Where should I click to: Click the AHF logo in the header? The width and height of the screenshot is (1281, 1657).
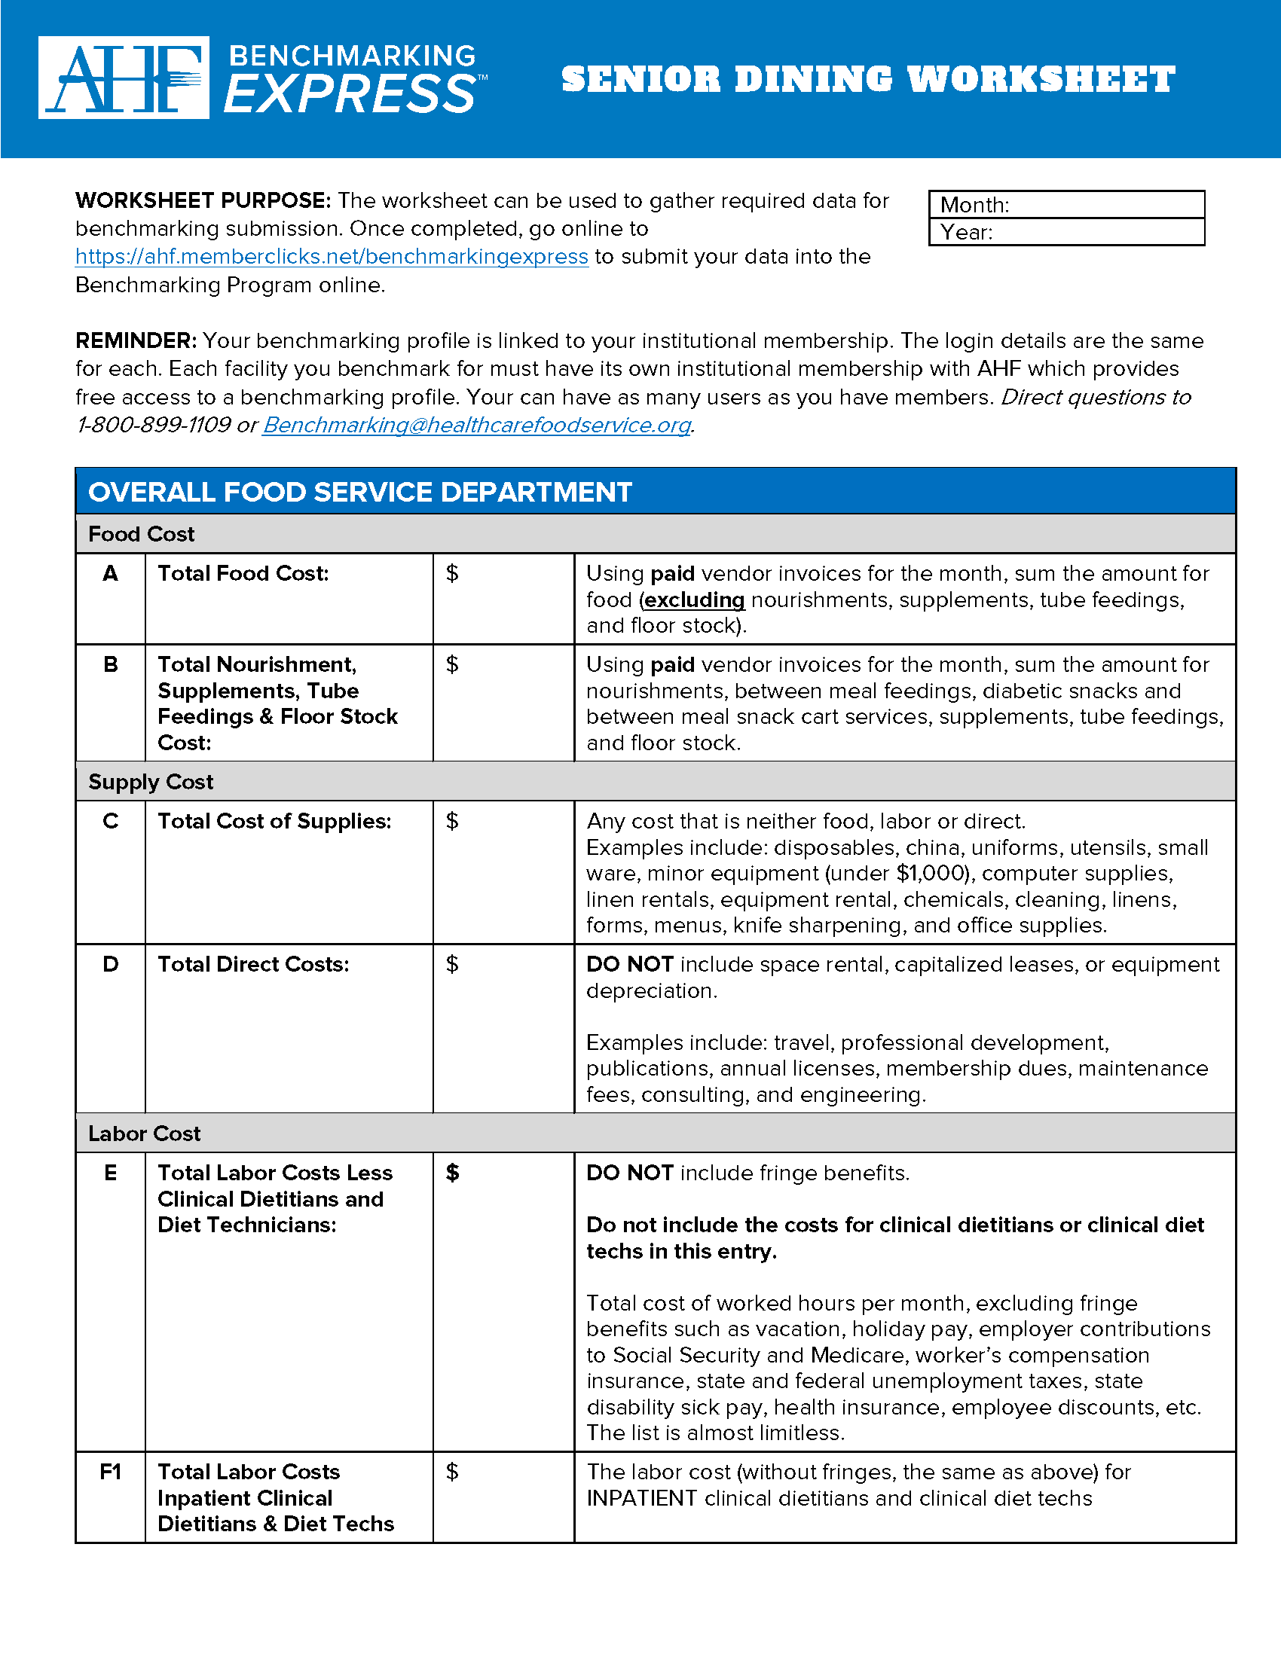[124, 78]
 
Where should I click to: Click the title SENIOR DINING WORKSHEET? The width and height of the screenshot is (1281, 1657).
[867, 80]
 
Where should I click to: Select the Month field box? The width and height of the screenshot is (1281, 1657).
[1066, 205]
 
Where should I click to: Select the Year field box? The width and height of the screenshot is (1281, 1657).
[1066, 232]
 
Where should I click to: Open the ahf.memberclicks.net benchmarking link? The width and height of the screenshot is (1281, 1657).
[332, 256]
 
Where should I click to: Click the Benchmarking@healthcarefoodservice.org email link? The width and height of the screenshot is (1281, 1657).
[476, 425]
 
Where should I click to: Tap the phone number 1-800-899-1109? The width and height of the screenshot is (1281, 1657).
[154, 425]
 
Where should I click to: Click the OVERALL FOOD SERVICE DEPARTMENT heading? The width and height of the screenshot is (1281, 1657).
[359, 492]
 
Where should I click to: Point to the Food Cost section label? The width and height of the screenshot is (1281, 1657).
[141, 534]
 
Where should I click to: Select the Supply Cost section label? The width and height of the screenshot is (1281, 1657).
[150, 783]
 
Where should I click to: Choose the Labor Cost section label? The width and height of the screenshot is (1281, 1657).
[144, 1134]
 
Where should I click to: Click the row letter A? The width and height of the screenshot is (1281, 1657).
[110, 574]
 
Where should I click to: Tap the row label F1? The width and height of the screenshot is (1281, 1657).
[110, 1472]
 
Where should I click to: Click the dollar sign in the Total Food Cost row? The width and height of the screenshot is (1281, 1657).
[452, 574]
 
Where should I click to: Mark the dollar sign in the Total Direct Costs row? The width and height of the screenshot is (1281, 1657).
[452, 964]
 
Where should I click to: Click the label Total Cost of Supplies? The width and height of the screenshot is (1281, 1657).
[274, 821]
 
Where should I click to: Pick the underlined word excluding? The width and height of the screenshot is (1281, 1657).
[695, 600]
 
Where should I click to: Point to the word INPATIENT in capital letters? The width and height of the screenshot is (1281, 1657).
[642, 1498]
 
